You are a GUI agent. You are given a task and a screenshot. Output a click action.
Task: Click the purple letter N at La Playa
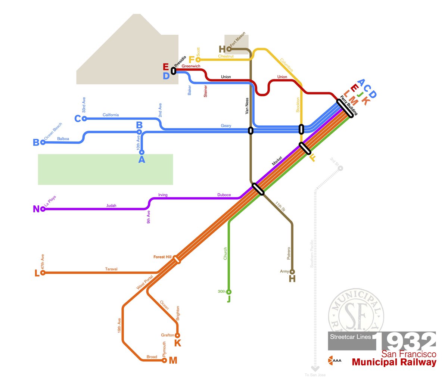[36, 209]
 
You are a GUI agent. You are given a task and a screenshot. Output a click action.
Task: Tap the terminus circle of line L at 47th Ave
[43, 273]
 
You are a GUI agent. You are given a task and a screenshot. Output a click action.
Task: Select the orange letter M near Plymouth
[173, 360]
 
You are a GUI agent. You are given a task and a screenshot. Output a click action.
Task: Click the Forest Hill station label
[162, 257]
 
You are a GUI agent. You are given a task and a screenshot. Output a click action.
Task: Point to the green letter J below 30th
[229, 299]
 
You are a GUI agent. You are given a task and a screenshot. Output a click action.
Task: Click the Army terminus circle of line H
[292, 272]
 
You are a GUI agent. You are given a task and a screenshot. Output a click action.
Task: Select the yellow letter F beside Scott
[192, 60]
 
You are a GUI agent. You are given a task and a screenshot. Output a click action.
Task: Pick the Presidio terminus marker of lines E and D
[173, 71]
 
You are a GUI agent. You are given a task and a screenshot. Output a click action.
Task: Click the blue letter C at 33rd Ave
[78, 119]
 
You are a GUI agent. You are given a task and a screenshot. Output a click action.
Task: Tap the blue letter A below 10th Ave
[141, 160]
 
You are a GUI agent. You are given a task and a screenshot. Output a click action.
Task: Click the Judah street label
[111, 205]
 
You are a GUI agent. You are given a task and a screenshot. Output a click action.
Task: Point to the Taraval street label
[111, 269]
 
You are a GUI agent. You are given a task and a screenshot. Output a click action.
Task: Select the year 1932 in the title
[404, 341]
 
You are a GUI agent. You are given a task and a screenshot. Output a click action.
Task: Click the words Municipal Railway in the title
[394, 362]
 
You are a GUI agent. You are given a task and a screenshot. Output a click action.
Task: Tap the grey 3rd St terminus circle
[340, 169]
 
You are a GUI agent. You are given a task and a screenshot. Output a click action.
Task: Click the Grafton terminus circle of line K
[177, 335]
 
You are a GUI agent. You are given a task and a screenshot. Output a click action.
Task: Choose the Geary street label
[226, 126]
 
